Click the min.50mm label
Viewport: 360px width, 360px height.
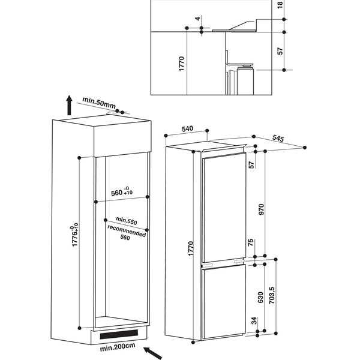(x=99, y=103)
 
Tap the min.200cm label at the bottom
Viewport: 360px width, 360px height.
(x=118, y=347)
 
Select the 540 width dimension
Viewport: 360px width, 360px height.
(x=188, y=129)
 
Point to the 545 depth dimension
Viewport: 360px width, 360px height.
(x=278, y=138)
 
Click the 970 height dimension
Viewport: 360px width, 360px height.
(x=261, y=209)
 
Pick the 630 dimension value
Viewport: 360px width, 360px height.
(x=260, y=298)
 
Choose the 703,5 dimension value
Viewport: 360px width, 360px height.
(x=272, y=295)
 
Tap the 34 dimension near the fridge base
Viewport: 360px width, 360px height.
(x=254, y=320)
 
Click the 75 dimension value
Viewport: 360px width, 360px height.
(x=251, y=242)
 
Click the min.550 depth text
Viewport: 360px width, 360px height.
(x=127, y=221)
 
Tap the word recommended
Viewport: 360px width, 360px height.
(x=127, y=231)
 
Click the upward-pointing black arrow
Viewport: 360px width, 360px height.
(x=70, y=105)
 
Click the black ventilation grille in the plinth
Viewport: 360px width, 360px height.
(x=119, y=334)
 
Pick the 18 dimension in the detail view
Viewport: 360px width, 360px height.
(x=280, y=5)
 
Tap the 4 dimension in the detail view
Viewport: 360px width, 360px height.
(x=198, y=18)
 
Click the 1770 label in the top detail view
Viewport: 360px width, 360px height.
(x=181, y=64)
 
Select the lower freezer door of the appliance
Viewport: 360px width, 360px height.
(x=223, y=301)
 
